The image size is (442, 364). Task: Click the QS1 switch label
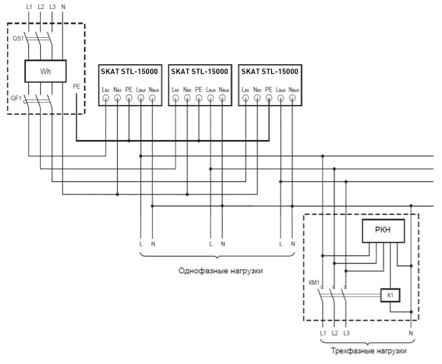(18, 38)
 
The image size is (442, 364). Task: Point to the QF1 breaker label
(16, 99)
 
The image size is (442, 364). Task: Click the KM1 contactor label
(314, 282)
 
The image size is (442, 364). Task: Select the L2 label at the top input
(41, 7)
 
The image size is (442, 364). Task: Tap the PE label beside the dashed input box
(76, 86)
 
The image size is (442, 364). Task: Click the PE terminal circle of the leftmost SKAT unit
(129, 98)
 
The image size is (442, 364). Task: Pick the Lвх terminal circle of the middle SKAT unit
(175, 98)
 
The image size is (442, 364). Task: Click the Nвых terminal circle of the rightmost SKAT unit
(292, 98)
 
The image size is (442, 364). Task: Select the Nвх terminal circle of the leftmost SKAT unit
(117, 98)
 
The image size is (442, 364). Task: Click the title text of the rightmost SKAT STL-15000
(270, 71)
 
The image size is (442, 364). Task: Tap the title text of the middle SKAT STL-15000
(199, 71)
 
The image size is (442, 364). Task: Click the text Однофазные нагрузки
(220, 271)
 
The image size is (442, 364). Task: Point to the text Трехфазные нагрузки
(368, 351)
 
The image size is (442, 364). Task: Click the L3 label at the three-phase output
(347, 333)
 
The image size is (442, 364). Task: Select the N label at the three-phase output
(411, 333)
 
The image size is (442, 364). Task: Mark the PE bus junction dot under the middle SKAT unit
(199, 141)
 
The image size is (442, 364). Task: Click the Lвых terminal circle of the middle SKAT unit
(211, 98)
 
